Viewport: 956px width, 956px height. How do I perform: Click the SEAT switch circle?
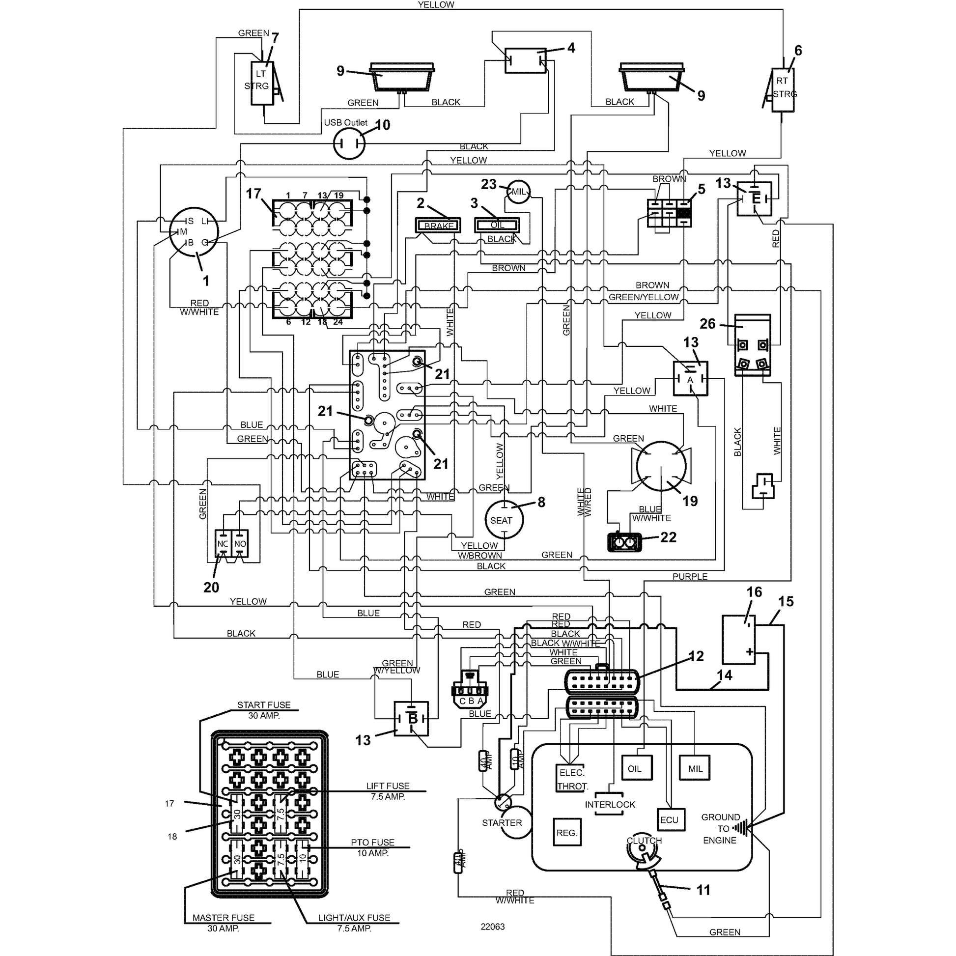504,520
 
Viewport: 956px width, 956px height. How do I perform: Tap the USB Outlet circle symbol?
349,143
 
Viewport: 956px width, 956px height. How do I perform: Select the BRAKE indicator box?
438,225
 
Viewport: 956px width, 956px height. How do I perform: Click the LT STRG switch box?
262,83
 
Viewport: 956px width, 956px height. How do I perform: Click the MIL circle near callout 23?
519,192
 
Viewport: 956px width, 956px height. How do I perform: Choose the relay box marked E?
754,198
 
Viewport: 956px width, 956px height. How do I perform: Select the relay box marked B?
411,719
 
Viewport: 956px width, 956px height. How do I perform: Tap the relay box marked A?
690,379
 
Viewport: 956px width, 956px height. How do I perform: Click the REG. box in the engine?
567,833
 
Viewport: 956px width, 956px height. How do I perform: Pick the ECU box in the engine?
671,820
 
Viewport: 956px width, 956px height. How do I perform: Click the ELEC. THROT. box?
572,778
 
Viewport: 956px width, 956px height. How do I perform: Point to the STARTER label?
502,823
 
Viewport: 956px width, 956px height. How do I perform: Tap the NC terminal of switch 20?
223,543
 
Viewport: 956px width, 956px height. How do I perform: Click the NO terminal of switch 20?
240,543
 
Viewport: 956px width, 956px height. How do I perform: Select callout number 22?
668,537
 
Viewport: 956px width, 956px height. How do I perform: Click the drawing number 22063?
492,927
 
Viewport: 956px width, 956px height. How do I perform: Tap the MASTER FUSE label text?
223,917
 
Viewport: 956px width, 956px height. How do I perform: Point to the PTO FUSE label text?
372,842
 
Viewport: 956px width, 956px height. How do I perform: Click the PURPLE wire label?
690,576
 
